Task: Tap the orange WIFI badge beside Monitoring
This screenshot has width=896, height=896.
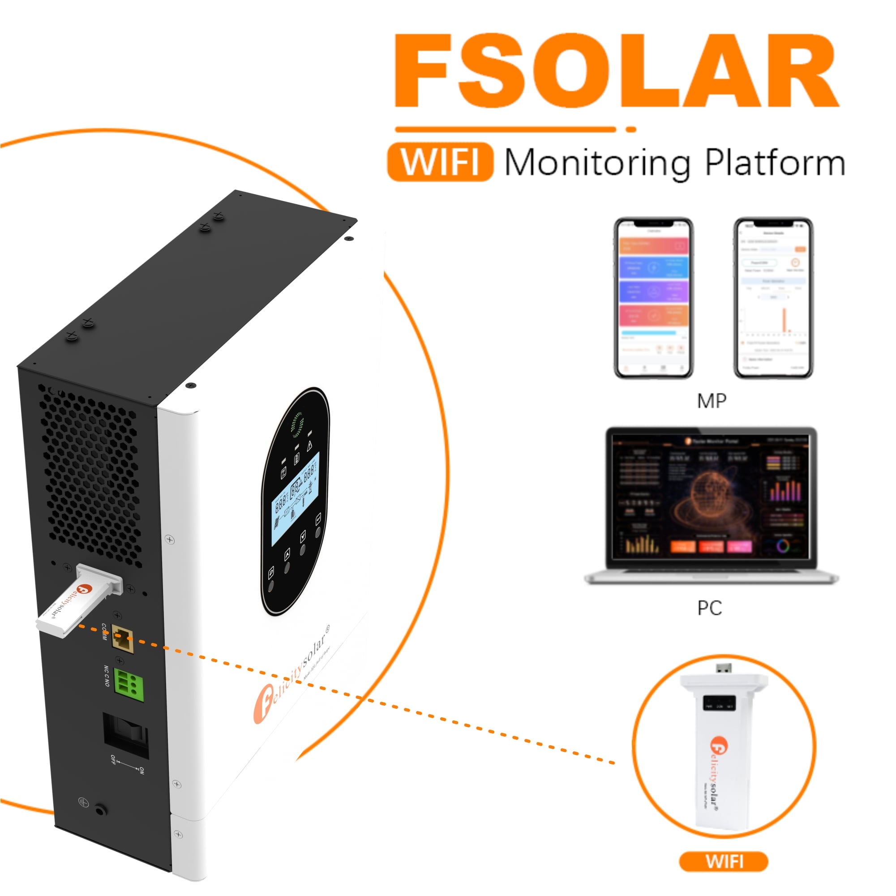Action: pos(440,162)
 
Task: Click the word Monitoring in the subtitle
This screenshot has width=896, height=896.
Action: pos(597,163)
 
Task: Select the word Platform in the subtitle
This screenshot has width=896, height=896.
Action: pos(775,163)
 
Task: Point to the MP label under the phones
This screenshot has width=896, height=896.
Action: pos(712,401)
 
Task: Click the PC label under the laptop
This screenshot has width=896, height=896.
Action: pos(710,608)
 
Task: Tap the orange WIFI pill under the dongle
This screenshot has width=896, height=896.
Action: pos(724,862)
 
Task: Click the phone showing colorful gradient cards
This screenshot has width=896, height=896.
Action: pos(653,298)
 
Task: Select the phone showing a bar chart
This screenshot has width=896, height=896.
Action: pos(773,298)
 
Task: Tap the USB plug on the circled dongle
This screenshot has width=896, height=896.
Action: pos(724,668)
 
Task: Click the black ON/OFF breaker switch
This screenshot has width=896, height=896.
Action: pos(126,735)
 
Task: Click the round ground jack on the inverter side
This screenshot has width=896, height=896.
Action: pos(100,810)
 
